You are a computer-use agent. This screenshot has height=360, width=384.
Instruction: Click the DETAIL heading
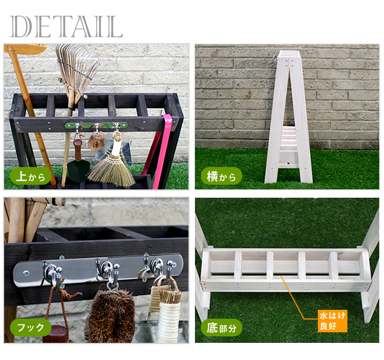[66, 27]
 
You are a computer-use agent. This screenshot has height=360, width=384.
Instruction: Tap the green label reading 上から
[31, 176]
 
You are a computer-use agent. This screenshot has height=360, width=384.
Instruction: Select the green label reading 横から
[222, 176]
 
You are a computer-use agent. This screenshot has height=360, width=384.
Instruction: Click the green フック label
[31, 327]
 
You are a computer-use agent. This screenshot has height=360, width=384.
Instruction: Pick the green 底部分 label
[222, 327]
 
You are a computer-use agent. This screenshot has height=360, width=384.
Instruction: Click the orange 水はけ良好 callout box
[333, 321]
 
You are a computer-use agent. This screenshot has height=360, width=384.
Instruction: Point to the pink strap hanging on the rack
[162, 152]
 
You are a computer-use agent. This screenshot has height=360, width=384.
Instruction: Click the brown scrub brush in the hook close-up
[110, 316]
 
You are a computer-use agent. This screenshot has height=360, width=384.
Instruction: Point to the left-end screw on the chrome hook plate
[25, 273]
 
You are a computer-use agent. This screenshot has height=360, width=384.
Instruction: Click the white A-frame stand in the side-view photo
[288, 117]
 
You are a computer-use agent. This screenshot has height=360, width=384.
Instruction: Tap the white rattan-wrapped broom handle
[169, 318]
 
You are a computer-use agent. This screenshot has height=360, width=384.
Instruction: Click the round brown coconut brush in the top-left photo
[97, 142]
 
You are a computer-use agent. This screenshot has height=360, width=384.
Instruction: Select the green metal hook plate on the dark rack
[96, 126]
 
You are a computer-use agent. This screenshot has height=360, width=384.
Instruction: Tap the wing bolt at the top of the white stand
[275, 58]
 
